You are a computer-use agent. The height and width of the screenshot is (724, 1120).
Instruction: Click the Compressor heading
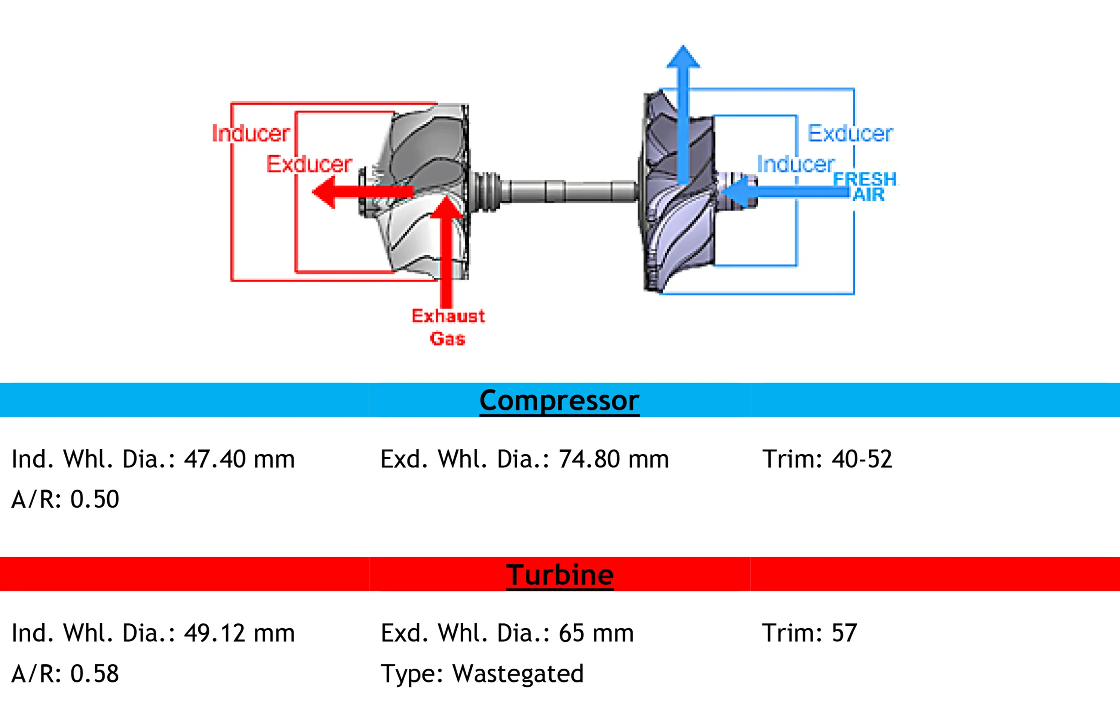(559, 400)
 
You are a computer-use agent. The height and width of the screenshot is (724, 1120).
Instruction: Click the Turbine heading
(560, 575)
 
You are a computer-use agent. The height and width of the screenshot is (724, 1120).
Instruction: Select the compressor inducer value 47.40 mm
(239, 459)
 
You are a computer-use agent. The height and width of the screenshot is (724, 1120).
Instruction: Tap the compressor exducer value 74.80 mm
(613, 459)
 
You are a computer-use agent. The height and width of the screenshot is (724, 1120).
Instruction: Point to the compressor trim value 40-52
(862, 459)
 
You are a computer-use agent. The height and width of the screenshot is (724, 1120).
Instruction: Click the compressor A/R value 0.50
(95, 499)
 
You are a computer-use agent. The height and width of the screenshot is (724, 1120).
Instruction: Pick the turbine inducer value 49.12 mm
(239, 633)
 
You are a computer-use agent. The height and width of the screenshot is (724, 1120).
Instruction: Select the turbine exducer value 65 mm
(596, 633)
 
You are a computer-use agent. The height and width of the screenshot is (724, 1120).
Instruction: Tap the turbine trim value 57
(844, 633)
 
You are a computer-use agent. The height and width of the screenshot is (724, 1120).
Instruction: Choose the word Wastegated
(518, 674)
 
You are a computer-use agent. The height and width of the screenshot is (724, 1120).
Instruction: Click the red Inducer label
(251, 133)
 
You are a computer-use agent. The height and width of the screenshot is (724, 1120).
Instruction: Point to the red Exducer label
(309, 164)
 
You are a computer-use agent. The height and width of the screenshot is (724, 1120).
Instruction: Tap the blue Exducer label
(850, 133)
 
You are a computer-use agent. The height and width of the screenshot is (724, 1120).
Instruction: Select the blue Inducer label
(795, 164)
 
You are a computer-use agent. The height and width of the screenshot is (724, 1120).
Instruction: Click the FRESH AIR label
(865, 187)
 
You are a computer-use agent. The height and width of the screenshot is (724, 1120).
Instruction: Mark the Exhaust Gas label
(448, 327)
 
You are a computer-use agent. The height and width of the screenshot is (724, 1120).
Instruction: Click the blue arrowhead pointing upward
(683, 57)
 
